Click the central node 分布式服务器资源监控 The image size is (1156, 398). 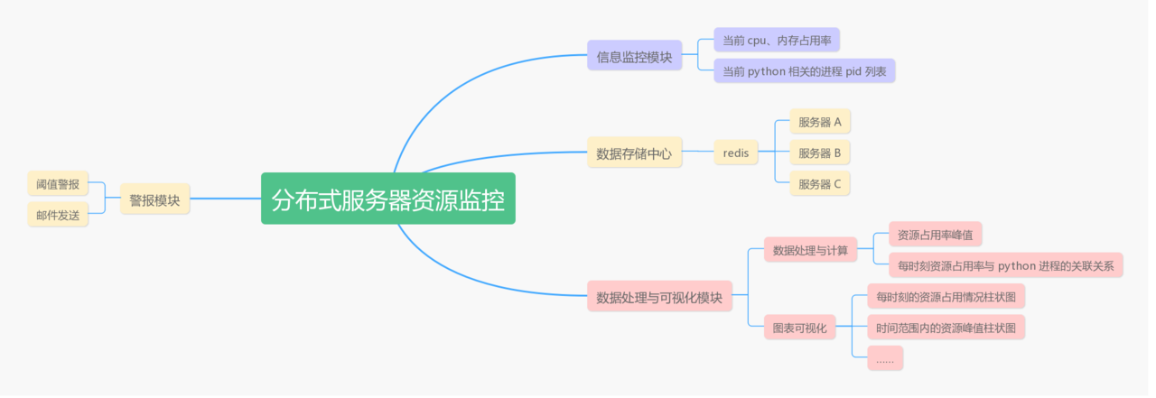click(x=388, y=199)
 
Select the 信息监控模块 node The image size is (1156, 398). click(x=634, y=56)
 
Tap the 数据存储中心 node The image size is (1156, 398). click(x=634, y=153)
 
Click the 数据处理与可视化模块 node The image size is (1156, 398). click(x=659, y=297)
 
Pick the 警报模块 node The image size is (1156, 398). click(x=154, y=199)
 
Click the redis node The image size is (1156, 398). click(x=736, y=153)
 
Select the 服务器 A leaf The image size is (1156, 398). click(x=819, y=122)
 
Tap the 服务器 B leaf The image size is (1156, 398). click(x=819, y=153)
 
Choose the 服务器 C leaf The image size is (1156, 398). click(x=819, y=184)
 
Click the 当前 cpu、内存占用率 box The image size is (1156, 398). click(x=777, y=41)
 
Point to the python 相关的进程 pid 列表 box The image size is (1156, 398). click(x=804, y=71)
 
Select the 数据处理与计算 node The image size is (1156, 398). click(x=810, y=250)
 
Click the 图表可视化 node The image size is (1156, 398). click(x=799, y=328)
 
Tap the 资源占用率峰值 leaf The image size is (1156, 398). click(x=935, y=235)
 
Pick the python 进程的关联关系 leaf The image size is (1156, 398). click(x=1005, y=265)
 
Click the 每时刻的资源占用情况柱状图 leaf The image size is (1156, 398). click(x=946, y=296)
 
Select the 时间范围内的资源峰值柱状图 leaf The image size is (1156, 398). click(x=946, y=327)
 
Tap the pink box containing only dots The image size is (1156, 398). click(x=884, y=358)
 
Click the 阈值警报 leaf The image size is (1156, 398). click(x=58, y=184)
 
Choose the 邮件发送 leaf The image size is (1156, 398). click(x=58, y=215)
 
